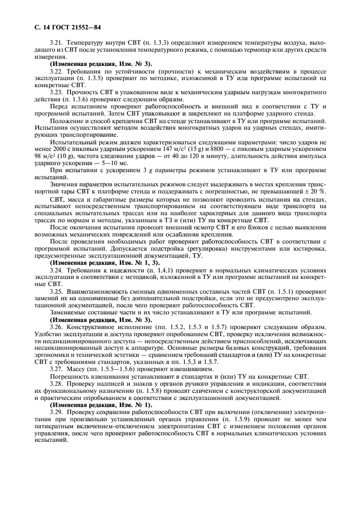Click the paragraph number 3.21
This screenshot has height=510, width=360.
(x=57, y=41)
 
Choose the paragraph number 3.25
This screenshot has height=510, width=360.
(x=57, y=291)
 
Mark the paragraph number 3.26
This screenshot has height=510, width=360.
(x=57, y=327)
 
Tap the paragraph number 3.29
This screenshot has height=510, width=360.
(x=57, y=414)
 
